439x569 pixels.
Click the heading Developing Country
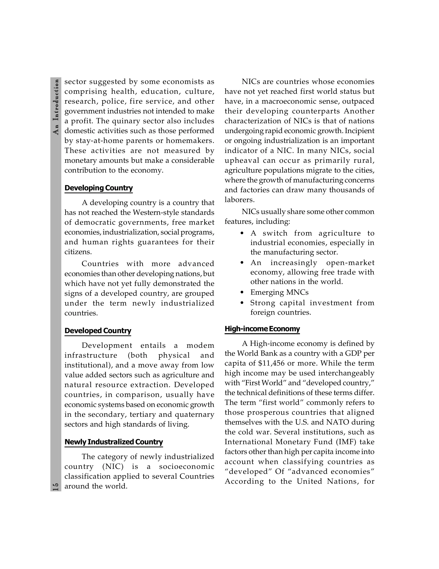[x=99, y=188]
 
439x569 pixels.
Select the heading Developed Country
[x=98, y=331]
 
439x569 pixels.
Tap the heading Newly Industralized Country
[x=114, y=442]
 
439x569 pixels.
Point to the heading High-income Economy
[x=262, y=329]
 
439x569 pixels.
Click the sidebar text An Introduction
[x=56, y=107]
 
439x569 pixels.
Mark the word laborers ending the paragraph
[x=239, y=200]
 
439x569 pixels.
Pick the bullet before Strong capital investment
[x=242, y=303]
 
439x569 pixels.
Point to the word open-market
[x=350, y=263]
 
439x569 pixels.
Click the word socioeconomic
[x=186, y=466]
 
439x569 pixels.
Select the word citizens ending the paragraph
[x=78, y=252]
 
